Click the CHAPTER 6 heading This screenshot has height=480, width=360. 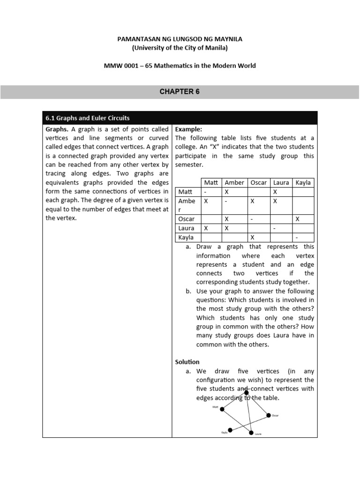tap(180, 92)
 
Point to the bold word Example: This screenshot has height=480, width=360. tap(188, 129)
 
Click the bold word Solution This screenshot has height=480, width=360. tap(187, 362)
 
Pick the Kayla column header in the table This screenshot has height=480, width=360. tap(303, 182)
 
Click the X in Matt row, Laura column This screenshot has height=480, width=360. tap(275, 192)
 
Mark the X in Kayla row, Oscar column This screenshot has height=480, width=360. tap(252, 237)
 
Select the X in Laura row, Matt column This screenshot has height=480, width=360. tap(205, 228)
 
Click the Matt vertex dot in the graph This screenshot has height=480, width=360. tap(222, 409)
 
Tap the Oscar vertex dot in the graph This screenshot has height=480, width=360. tap(269, 415)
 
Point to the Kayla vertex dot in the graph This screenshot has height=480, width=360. tap(230, 430)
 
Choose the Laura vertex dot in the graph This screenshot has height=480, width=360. tap(251, 432)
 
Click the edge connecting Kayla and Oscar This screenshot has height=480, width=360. tap(249, 422)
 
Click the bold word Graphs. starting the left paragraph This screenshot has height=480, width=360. tap(57, 129)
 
